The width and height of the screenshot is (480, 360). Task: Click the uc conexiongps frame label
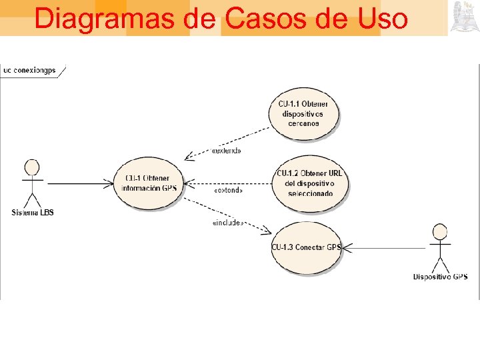click(x=29, y=69)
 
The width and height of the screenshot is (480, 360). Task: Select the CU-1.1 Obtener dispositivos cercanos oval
click(x=304, y=113)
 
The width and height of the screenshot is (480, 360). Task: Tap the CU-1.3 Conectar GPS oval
click(x=306, y=247)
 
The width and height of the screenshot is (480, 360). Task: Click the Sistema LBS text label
click(x=33, y=213)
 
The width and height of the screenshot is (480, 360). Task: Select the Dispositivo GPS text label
click(x=440, y=277)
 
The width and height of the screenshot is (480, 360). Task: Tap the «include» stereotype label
click(x=227, y=223)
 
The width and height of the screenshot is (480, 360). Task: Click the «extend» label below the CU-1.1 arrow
click(x=226, y=151)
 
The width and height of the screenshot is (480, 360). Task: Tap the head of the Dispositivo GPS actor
click(x=439, y=231)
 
